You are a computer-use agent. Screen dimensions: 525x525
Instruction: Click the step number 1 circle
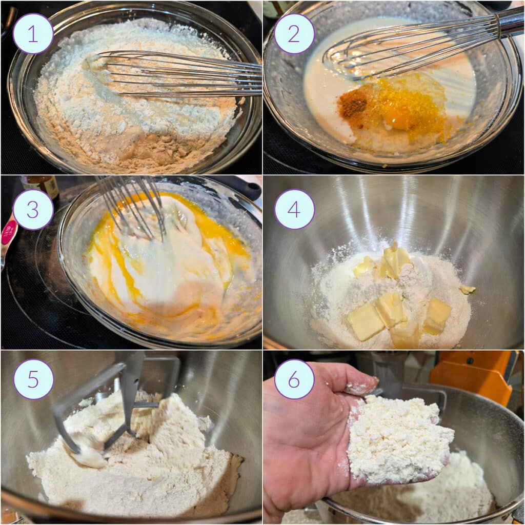click(x=33, y=33)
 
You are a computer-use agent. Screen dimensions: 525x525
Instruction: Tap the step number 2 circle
click(x=294, y=33)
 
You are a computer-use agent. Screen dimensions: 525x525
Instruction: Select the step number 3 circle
click(x=33, y=210)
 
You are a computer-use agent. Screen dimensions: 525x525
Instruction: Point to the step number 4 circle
click(x=294, y=209)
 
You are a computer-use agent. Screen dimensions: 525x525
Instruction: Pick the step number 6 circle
click(x=294, y=379)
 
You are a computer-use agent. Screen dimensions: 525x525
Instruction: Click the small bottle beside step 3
click(x=41, y=185)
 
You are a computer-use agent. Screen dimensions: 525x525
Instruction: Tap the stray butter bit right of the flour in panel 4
click(x=467, y=290)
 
